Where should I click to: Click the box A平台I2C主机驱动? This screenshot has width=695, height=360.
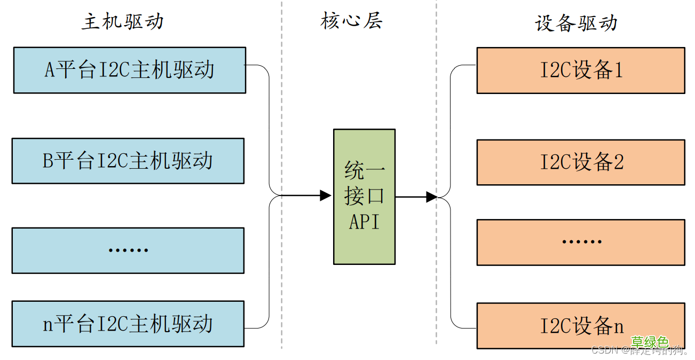129,70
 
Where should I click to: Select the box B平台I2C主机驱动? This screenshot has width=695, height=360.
128,161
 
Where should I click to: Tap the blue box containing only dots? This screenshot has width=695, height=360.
128,251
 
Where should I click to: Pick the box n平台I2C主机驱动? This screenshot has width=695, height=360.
128,324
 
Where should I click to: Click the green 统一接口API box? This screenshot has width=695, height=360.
364,197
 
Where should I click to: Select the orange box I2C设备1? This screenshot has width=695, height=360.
581,71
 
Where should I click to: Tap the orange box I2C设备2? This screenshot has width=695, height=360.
581,162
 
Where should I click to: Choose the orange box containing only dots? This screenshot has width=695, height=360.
581,242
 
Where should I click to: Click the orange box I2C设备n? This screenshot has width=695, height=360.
581,326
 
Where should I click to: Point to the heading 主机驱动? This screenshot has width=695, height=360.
122,22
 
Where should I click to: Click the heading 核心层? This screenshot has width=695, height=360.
352,21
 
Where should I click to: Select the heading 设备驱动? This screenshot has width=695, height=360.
576,23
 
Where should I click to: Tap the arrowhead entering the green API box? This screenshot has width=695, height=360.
326,195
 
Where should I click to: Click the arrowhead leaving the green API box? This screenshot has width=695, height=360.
432,197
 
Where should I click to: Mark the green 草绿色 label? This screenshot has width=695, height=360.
649,342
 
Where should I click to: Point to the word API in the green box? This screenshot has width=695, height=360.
364,222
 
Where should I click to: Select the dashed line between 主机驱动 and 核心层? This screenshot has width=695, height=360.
282,107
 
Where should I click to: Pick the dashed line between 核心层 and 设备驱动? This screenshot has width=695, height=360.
436,107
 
